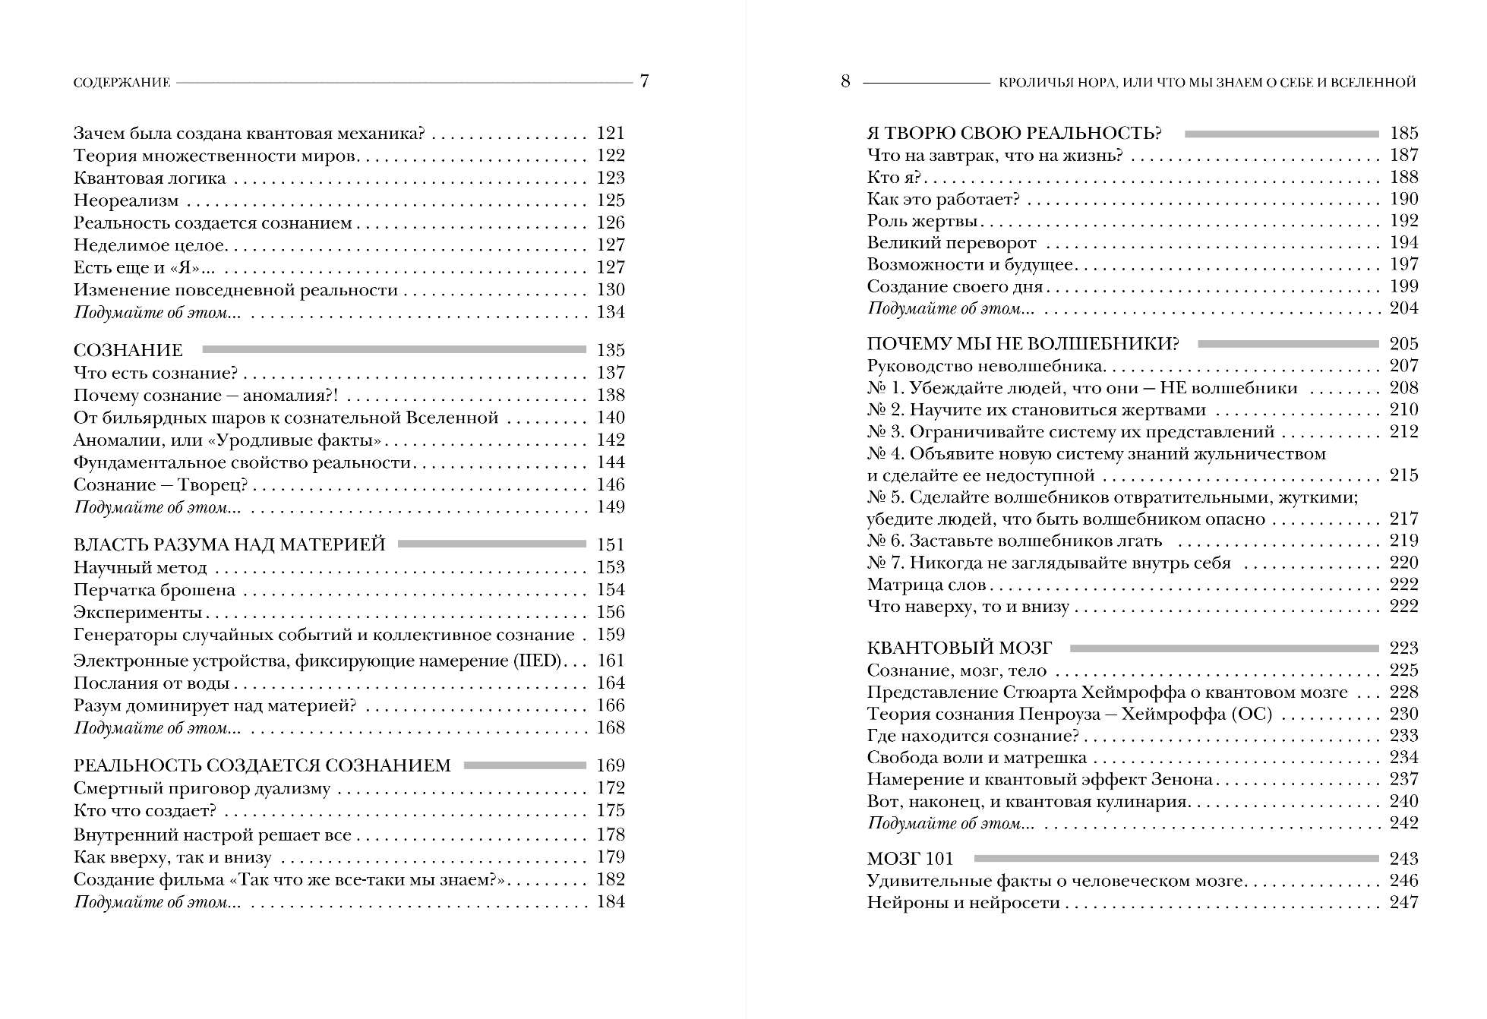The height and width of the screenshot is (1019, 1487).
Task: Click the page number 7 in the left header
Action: point(644,81)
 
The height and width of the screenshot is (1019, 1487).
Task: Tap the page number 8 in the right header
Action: point(845,81)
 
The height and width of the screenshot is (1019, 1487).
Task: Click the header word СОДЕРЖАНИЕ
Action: point(122,83)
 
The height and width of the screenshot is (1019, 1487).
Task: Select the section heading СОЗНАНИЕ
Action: point(128,350)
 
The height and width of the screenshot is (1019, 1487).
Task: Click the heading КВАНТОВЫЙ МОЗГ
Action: point(960,648)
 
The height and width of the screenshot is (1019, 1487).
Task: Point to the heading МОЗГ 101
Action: point(910,859)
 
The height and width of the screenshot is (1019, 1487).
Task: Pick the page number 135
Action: point(611,350)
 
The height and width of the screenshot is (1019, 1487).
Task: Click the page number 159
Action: point(611,635)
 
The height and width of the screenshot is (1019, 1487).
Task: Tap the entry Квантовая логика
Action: point(150,178)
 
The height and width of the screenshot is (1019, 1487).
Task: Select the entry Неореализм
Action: point(126,200)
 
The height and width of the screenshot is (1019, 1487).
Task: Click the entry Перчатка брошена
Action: point(154,590)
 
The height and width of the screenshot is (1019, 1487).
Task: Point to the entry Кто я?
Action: point(894,178)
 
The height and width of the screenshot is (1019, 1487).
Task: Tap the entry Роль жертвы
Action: point(922,221)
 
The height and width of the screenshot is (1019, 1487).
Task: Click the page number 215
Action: point(1404,475)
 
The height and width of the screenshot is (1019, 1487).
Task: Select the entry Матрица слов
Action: point(926,585)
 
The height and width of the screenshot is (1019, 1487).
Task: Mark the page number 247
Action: point(1404,903)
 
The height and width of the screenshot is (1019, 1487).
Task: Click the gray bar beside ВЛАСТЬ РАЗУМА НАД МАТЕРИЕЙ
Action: point(491,544)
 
